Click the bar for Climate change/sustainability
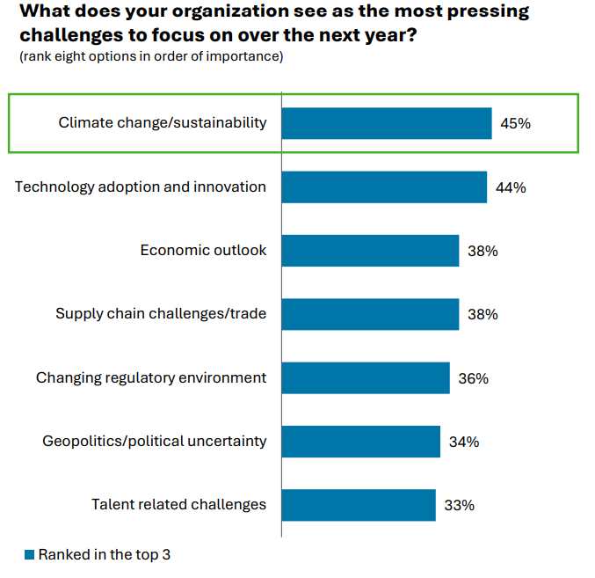coord(386,123)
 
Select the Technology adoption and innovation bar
coord(384,187)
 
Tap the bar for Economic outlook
coord(370,251)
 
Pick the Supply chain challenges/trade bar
coord(370,314)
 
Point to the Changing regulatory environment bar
coord(366,378)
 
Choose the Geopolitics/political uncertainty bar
coord(360,442)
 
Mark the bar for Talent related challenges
coord(359,505)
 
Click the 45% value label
coord(515,124)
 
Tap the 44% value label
coord(511,187)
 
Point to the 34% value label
coord(463,442)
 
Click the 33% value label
coord(460,505)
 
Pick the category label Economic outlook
coord(203,251)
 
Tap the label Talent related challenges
coord(178,505)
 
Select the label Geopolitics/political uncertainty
coord(154,441)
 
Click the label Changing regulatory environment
coord(150,377)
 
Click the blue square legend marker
coord(29,554)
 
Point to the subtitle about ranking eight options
coord(151,56)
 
